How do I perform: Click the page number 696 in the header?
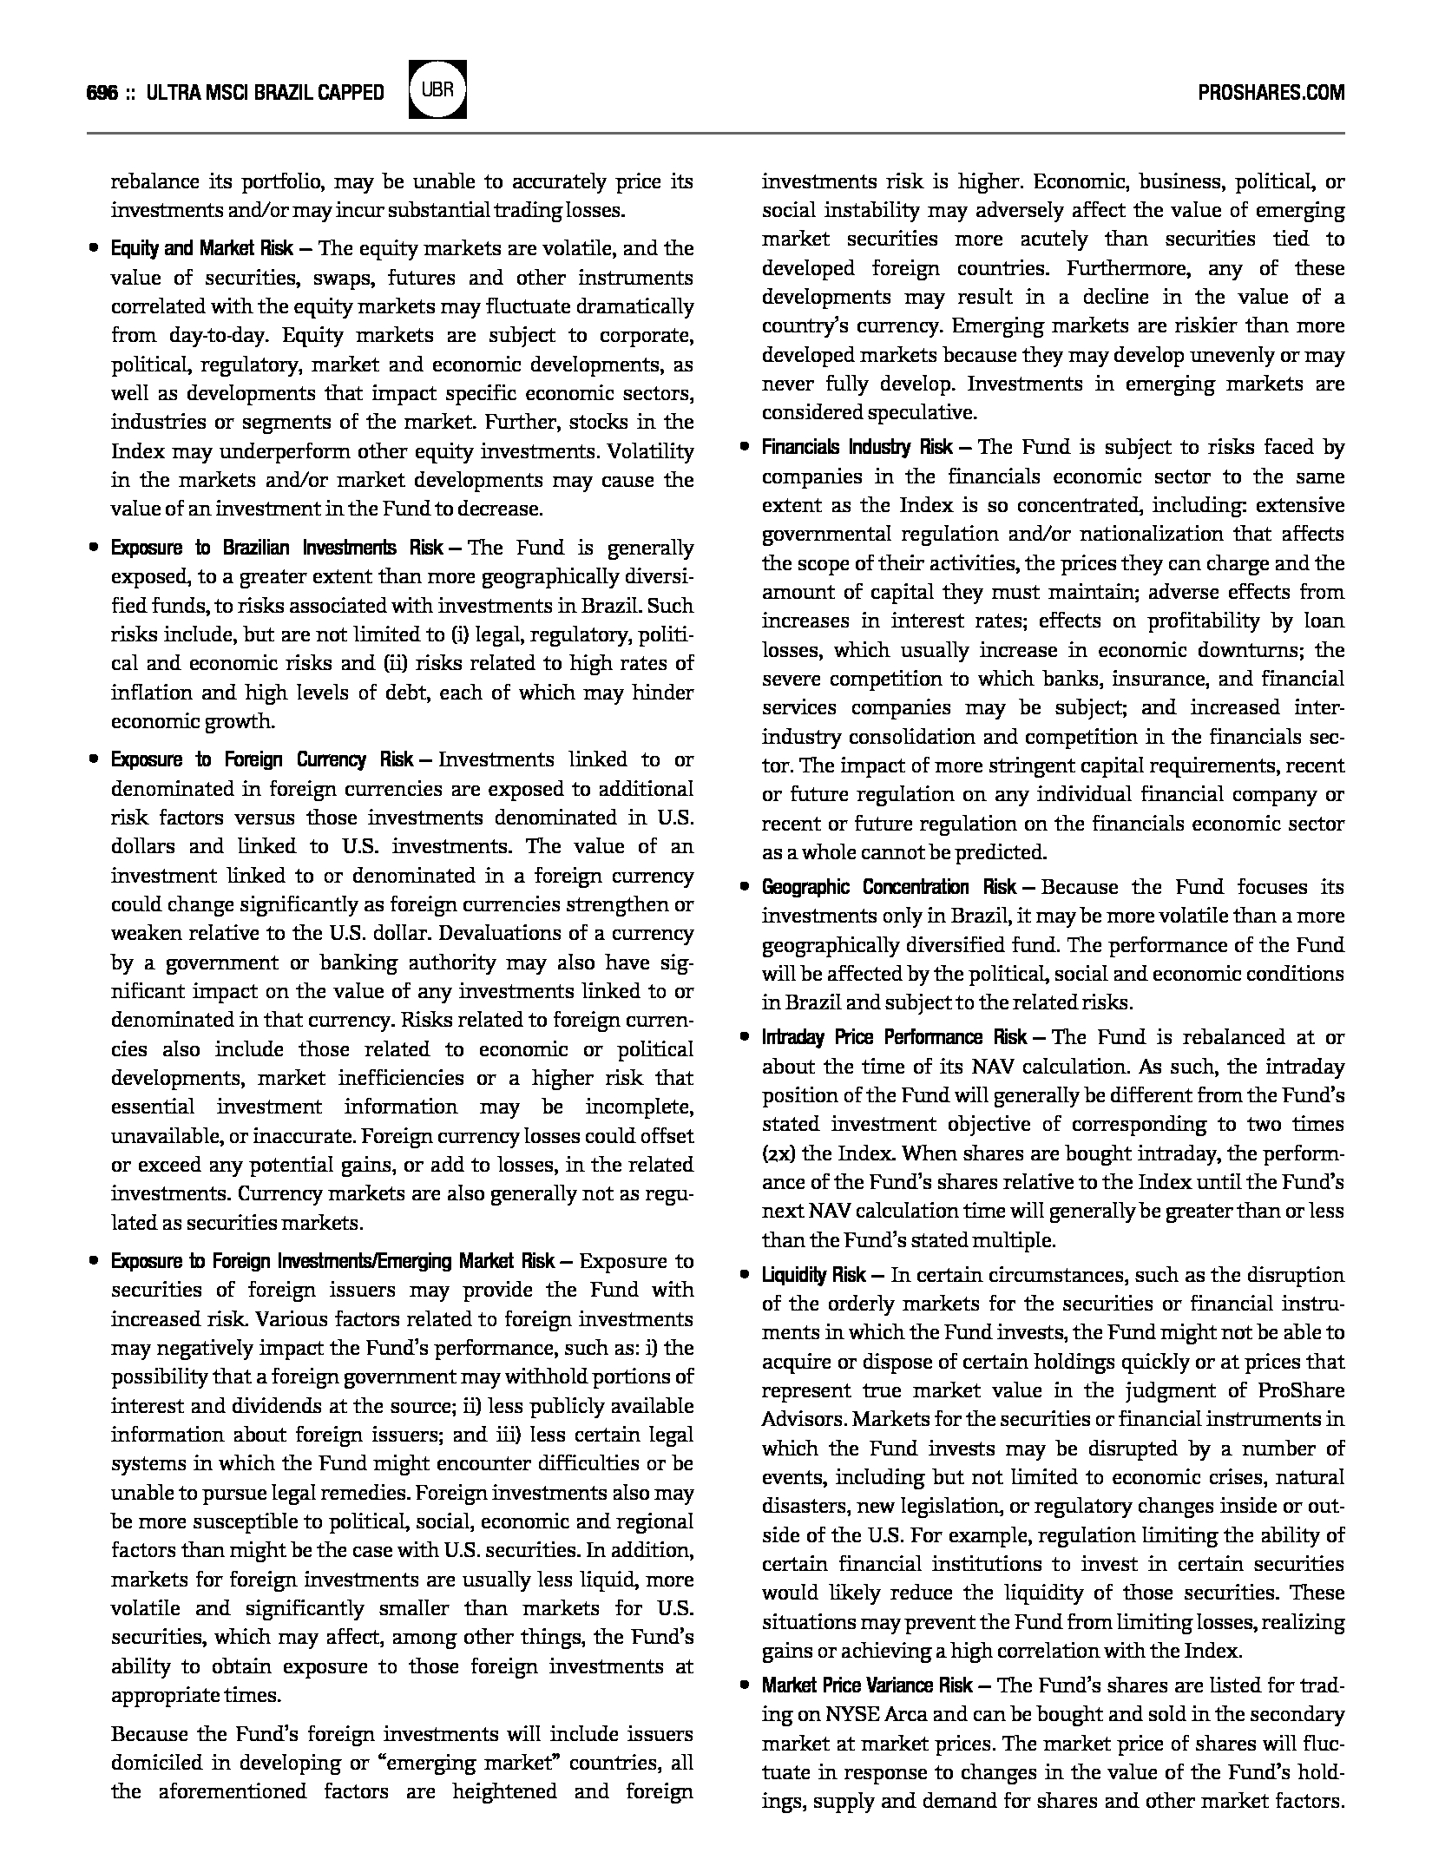pyautogui.click(x=102, y=93)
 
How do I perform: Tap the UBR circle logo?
pyautogui.click(x=437, y=89)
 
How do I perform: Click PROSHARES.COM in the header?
pyautogui.click(x=1271, y=93)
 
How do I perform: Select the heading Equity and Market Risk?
pyautogui.click(x=201, y=249)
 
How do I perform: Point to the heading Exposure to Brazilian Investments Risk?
pyautogui.click(x=277, y=549)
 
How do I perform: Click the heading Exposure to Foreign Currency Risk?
pyautogui.click(x=261, y=760)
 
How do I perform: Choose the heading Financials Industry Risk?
pyautogui.click(x=857, y=448)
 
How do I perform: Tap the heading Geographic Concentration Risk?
pyautogui.click(x=889, y=887)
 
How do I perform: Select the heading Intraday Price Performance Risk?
pyautogui.click(x=894, y=1038)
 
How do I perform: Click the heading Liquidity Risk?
pyautogui.click(x=813, y=1276)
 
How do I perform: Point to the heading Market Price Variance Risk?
pyautogui.click(x=867, y=1685)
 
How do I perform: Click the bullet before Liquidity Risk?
pyautogui.click(x=745, y=1276)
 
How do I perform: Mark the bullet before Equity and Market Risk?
pyautogui.click(x=93, y=249)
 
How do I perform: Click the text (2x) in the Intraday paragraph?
pyautogui.click(x=778, y=1154)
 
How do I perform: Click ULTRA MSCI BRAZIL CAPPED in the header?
pyautogui.click(x=266, y=93)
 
